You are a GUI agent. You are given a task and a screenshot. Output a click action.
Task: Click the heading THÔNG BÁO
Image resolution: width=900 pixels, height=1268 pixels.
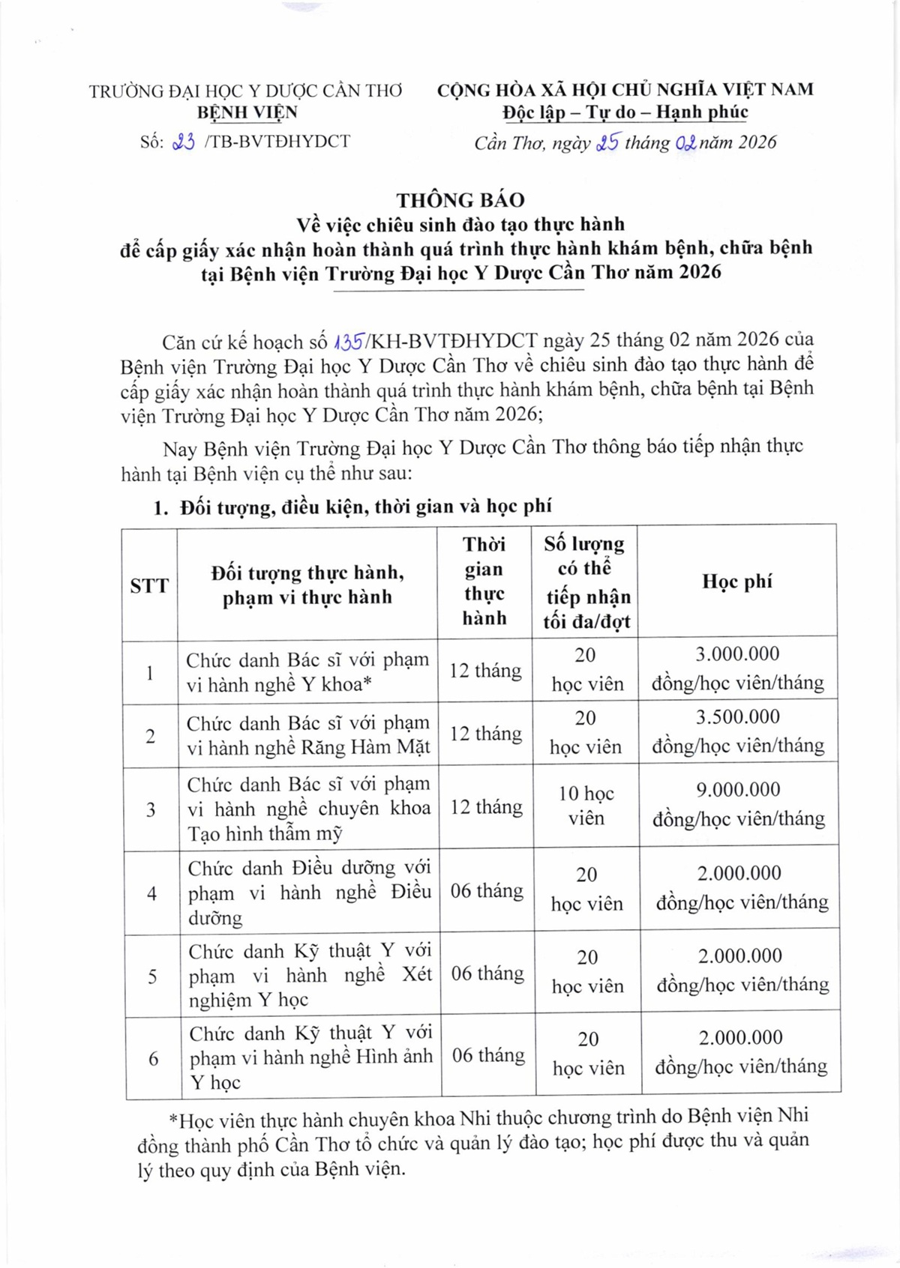tap(460, 200)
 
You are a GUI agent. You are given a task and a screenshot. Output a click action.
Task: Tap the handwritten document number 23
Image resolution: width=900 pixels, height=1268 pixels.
tap(184, 142)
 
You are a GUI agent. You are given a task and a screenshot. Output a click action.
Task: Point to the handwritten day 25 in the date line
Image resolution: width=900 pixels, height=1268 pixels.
tap(607, 142)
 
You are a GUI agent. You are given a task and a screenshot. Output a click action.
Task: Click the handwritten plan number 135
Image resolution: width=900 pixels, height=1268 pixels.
tap(349, 342)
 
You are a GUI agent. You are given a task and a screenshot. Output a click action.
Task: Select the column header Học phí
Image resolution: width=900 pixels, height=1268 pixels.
tap(737, 582)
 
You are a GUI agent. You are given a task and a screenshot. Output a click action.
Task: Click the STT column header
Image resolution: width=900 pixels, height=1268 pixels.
tap(149, 585)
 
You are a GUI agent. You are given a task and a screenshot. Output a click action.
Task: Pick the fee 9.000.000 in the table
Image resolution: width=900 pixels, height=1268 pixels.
tap(738, 789)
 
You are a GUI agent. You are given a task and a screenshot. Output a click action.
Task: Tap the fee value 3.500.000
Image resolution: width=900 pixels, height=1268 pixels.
tap(738, 716)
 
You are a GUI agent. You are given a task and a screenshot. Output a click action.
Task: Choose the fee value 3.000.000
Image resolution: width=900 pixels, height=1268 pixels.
tap(737, 653)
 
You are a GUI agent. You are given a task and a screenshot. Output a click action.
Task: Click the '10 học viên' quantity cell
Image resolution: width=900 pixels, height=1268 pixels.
tap(586, 806)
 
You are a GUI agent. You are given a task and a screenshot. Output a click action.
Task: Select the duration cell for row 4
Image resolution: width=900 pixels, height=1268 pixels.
tap(487, 891)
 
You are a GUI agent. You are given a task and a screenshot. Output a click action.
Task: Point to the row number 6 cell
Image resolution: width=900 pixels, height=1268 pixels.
tap(153, 1058)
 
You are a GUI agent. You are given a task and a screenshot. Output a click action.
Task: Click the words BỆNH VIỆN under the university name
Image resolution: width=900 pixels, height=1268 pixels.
tap(247, 112)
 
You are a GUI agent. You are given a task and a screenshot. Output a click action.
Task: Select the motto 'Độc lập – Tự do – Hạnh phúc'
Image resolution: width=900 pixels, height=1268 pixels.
tap(625, 112)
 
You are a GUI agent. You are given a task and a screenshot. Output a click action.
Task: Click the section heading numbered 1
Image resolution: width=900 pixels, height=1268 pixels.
tap(352, 507)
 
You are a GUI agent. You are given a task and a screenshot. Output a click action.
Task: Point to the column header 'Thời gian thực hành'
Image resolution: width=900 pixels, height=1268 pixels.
tap(484, 582)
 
